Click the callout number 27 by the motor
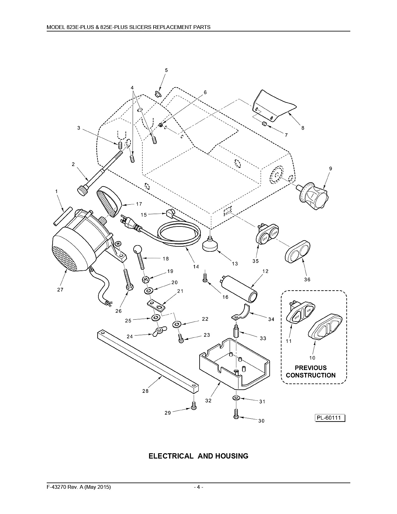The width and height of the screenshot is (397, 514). click(x=60, y=289)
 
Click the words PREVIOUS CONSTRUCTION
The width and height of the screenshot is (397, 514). click(x=311, y=372)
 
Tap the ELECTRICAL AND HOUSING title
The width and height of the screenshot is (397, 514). click(x=198, y=456)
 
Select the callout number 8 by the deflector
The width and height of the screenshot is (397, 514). click(x=303, y=128)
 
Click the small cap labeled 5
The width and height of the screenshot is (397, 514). click(x=158, y=94)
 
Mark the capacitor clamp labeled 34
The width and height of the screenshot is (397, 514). click(x=240, y=312)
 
